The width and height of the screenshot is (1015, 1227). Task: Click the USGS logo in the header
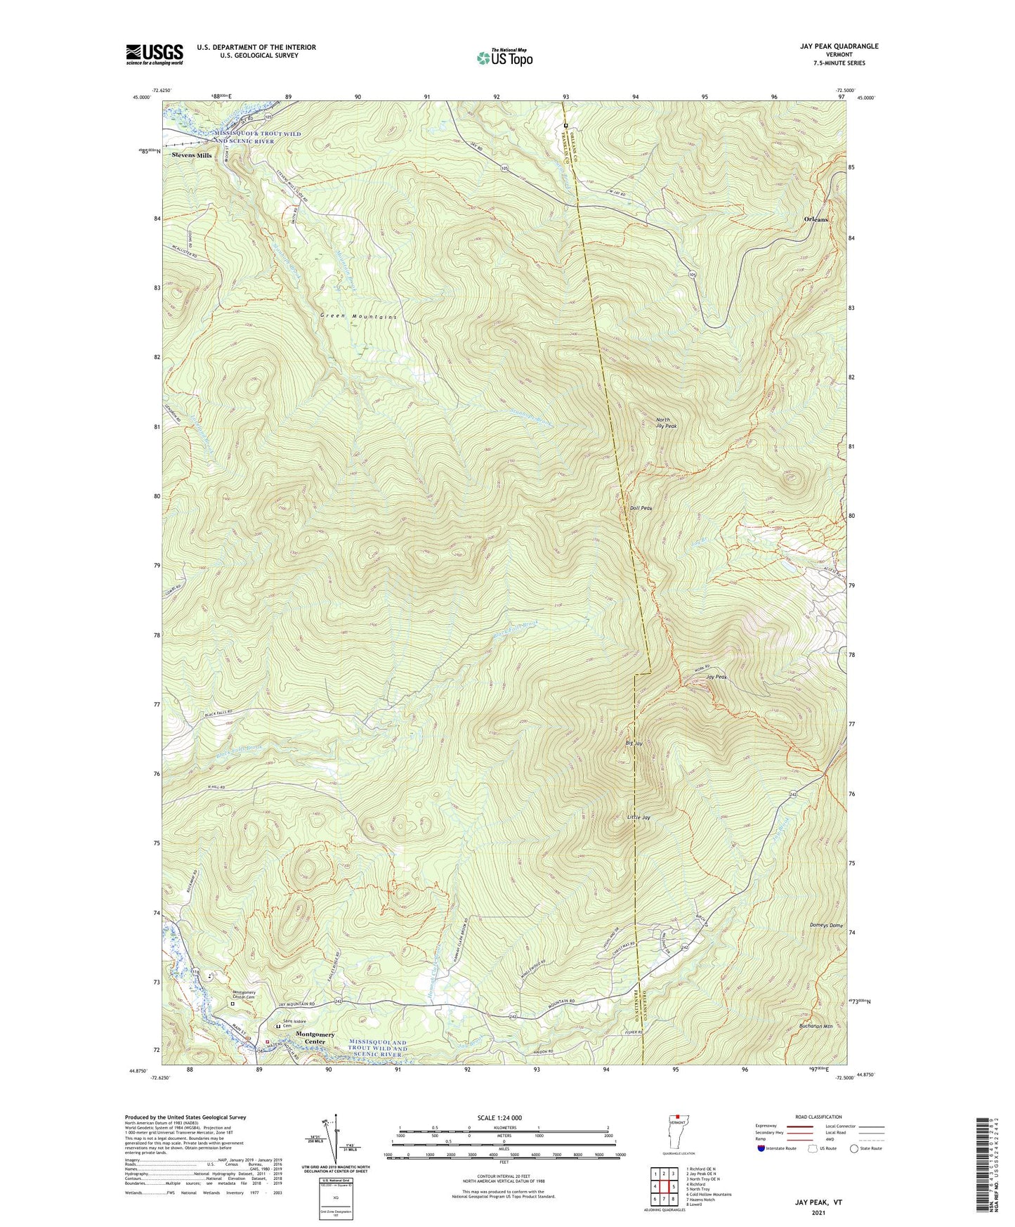pyautogui.click(x=154, y=54)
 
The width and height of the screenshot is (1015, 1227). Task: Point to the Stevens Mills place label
pyautogui.click(x=192, y=155)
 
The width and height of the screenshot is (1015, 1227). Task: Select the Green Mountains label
pyautogui.click(x=359, y=316)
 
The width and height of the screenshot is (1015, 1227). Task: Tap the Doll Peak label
pyautogui.click(x=641, y=507)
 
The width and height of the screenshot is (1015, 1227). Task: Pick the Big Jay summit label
pyautogui.click(x=634, y=743)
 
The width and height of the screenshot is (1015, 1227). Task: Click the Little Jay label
pyautogui.click(x=639, y=817)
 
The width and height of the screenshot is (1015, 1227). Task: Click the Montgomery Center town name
pyautogui.click(x=315, y=1038)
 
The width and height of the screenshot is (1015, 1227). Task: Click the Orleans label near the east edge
pyautogui.click(x=816, y=219)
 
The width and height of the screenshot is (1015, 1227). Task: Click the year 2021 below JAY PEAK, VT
pyautogui.click(x=818, y=1212)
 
